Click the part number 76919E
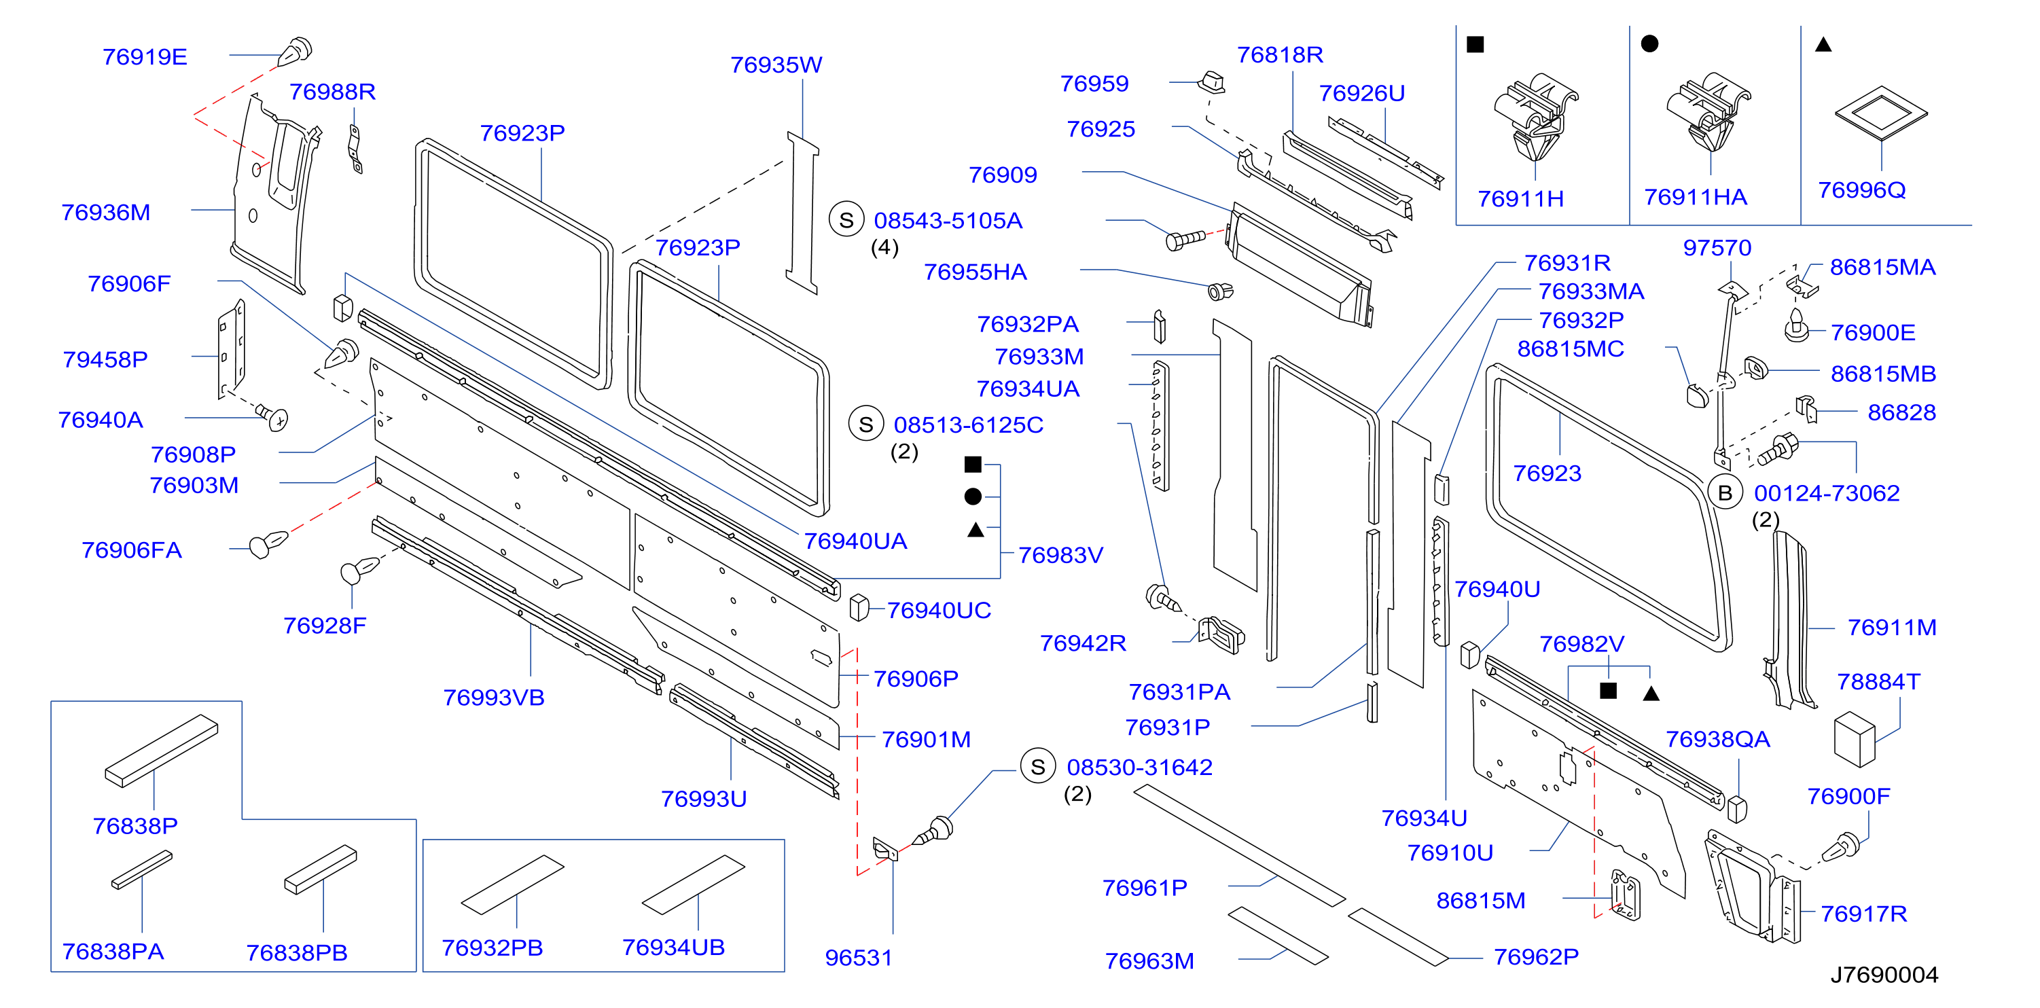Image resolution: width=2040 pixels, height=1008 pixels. pyautogui.click(x=145, y=57)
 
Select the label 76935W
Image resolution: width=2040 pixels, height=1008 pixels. pyautogui.click(x=776, y=65)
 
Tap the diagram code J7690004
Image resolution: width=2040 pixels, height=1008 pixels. pyautogui.click(x=1884, y=975)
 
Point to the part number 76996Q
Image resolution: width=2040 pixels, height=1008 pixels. pyautogui.click(x=1862, y=190)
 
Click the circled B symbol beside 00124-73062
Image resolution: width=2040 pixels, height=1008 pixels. pyautogui.click(x=1725, y=492)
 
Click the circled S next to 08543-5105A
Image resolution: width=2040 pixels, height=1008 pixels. pyautogui.click(x=846, y=219)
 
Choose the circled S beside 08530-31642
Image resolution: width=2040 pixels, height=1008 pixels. pyautogui.click(x=1037, y=766)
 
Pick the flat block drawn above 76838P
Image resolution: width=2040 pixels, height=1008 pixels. pyautogui.click(x=162, y=750)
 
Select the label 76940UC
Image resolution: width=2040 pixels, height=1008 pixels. pyautogui.click(x=938, y=611)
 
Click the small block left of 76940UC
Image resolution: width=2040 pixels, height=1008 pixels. pyautogui.click(x=859, y=607)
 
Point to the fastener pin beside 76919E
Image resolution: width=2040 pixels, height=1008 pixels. pyautogui.click(x=295, y=52)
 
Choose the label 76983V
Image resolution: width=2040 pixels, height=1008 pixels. pyautogui.click(x=1060, y=555)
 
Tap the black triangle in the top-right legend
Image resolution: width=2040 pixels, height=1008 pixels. pyautogui.click(x=1823, y=45)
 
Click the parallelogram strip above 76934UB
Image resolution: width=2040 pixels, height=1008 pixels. pyautogui.click(x=693, y=884)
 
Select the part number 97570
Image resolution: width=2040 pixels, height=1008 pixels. pyautogui.click(x=1717, y=248)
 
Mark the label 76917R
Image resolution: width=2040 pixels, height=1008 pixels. pyautogui.click(x=1863, y=914)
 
